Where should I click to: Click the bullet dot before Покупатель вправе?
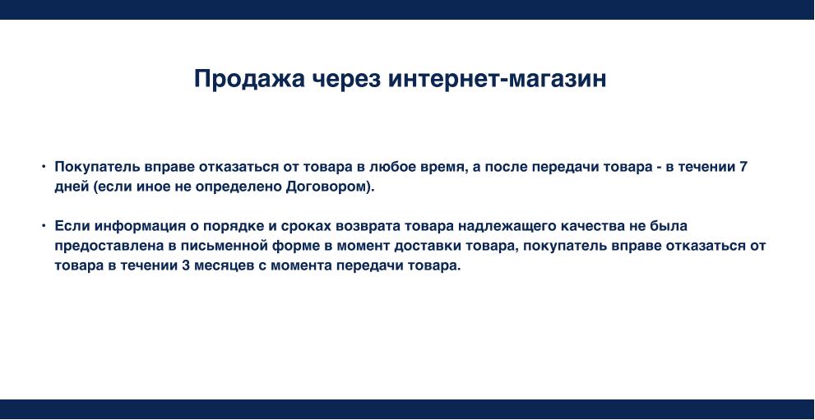(44, 167)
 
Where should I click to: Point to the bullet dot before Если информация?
(44, 225)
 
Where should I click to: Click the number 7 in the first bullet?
(743, 167)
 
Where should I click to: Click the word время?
(445, 167)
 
